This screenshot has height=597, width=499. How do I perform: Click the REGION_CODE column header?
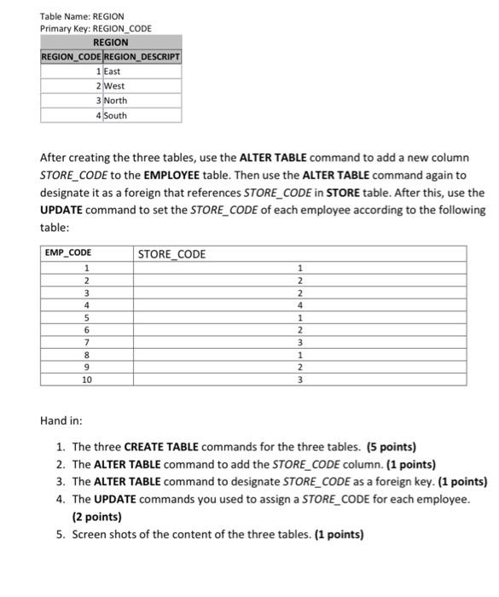tap(71, 57)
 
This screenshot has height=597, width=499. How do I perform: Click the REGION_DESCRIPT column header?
tap(142, 57)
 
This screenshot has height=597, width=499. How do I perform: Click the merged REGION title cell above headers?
tap(111, 42)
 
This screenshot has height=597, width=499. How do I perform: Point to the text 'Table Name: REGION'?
tap(82, 15)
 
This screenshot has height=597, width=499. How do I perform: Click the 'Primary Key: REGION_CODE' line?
tap(96, 28)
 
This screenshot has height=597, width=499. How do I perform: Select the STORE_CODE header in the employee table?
tap(171, 253)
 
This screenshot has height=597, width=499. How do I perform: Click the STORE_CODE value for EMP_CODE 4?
tap(299, 304)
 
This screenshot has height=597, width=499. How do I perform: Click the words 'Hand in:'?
tap(61, 420)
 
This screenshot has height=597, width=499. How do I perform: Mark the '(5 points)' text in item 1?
tap(392, 447)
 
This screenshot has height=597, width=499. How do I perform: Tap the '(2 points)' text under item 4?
tap(97, 517)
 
